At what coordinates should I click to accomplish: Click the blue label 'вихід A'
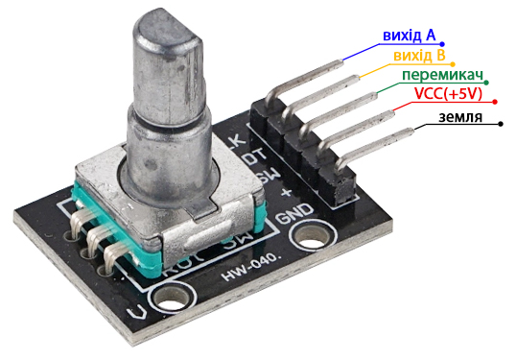click(x=409, y=36)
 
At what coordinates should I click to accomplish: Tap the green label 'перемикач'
click(x=441, y=75)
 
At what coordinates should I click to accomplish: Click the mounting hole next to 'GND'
click(x=312, y=238)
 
